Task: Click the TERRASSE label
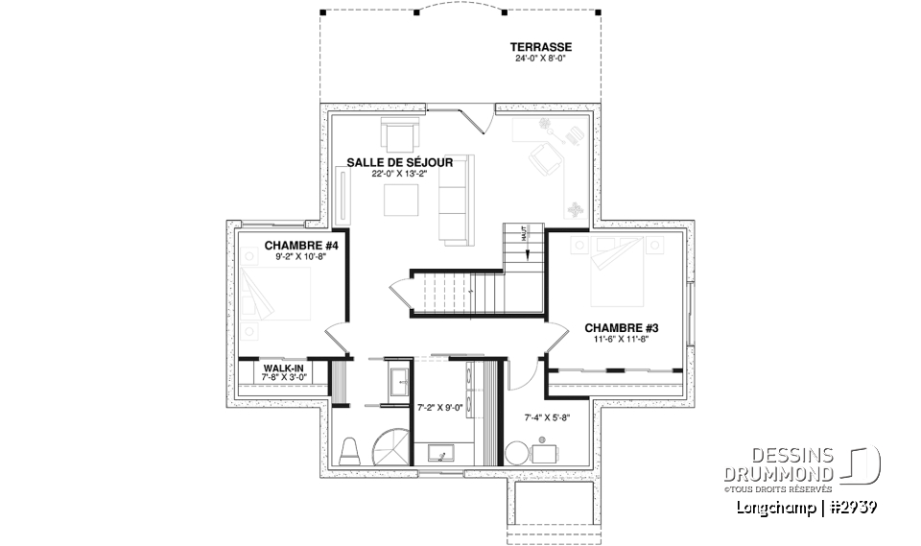[541, 46]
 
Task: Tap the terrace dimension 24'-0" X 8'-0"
[541, 58]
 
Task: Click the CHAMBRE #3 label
[621, 327]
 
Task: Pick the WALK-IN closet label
[284, 367]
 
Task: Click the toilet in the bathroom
[350, 448]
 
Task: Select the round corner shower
[393, 445]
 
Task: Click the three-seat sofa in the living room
[453, 198]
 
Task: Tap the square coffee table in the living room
[401, 201]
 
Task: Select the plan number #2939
[851, 506]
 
